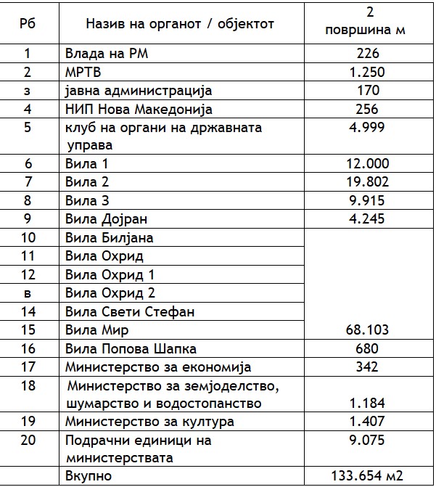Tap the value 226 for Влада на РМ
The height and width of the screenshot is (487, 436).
[x=369, y=53]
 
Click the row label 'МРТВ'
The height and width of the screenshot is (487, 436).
[x=83, y=72]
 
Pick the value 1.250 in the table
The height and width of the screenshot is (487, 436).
[x=369, y=72]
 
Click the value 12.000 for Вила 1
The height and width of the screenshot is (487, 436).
[x=369, y=163]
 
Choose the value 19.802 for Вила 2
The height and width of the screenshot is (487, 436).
[x=369, y=181]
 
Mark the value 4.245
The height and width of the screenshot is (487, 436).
[x=369, y=219]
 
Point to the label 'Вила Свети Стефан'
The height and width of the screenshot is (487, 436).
[x=120, y=312]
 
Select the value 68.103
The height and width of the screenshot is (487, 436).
[x=369, y=331]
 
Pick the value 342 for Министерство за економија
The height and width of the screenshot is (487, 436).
[x=369, y=367]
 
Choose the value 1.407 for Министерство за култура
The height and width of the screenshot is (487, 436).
[x=369, y=422]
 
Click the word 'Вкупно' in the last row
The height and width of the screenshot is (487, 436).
[x=89, y=476]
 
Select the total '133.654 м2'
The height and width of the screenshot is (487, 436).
[x=369, y=476]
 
